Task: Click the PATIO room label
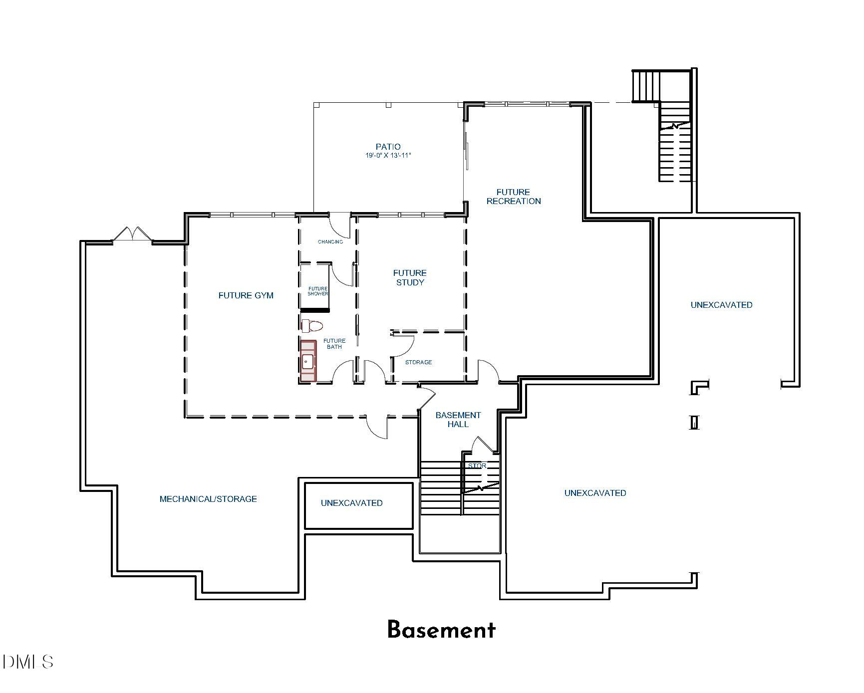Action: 388,147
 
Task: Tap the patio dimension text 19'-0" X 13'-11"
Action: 388,156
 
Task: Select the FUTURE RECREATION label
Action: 513,197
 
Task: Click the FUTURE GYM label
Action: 246,295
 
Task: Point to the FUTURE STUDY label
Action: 409,277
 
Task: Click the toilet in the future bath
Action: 312,326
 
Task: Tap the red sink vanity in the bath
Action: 308,361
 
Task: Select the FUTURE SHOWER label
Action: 318,291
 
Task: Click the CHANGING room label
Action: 330,242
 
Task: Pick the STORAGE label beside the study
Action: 418,362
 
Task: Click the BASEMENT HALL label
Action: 458,420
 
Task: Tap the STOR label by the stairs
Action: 477,465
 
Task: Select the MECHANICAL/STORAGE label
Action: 208,499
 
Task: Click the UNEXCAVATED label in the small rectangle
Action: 351,503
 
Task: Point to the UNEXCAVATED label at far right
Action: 721,305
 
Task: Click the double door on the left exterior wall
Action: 132,234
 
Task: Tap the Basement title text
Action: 441,630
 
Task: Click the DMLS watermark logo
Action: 28,662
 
